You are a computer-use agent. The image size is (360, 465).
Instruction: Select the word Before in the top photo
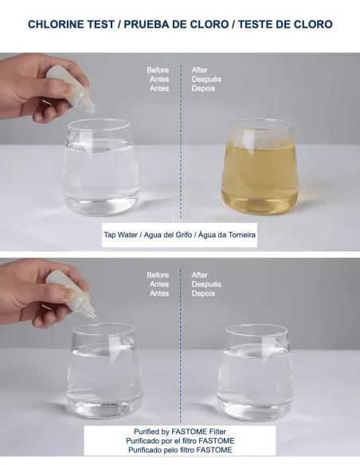[158, 70]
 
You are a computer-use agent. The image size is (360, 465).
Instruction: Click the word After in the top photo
[200, 70]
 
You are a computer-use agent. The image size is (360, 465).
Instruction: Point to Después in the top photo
[206, 80]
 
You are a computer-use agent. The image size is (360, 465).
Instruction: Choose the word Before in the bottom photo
[158, 275]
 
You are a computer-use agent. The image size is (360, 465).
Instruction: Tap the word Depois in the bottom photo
[204, 294]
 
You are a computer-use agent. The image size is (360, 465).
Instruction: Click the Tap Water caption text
[180, 235]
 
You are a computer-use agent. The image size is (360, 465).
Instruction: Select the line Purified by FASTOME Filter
[180, 431]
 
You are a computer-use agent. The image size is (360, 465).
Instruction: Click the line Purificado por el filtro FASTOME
[180, 440]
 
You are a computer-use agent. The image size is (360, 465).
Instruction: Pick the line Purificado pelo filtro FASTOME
[180, 450]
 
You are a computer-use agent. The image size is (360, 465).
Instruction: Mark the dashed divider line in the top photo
[180, 159]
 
